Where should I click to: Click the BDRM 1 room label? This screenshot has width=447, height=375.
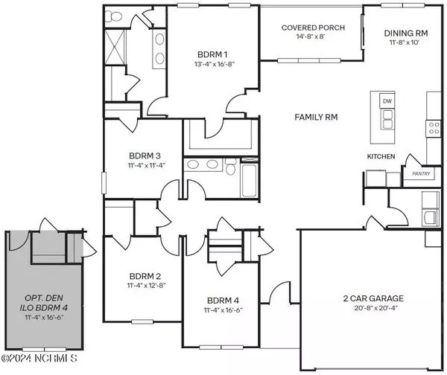tap(212, 54)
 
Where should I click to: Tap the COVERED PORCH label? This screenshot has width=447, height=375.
tap(313, 28)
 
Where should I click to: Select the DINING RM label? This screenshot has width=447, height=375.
tap(406, 33)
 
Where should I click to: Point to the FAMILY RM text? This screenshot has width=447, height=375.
tap(316, 117)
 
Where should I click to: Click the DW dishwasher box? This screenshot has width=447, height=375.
tap(387, 101)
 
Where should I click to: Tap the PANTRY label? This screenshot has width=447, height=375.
tap(421, 173)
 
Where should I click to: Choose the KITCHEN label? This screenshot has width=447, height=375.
tap(381, 156)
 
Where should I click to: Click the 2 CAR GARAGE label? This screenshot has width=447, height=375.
tap(373, 298)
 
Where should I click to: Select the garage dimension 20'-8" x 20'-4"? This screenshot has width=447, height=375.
tap(375, 307)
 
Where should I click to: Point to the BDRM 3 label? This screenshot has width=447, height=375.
tap(145, 156)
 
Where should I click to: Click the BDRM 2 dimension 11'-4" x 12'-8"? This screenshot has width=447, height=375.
tap(146, 285)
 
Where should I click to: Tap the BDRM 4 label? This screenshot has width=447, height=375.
tap(223, 301)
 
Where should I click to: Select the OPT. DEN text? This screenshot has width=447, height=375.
tap(44, 298)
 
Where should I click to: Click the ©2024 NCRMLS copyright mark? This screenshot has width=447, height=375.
tap(39, 358)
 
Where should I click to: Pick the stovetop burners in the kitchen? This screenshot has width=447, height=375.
tap(434, 128)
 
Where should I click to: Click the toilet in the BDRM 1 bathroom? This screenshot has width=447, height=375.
tap(113, 16)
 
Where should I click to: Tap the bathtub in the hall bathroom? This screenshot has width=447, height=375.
tap(249, 179)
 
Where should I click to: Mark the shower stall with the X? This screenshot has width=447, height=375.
tap(115, 47)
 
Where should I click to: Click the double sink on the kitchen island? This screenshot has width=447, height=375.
tap(387, 120)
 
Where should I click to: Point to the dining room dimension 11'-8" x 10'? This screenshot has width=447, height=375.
tap(405, 42)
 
